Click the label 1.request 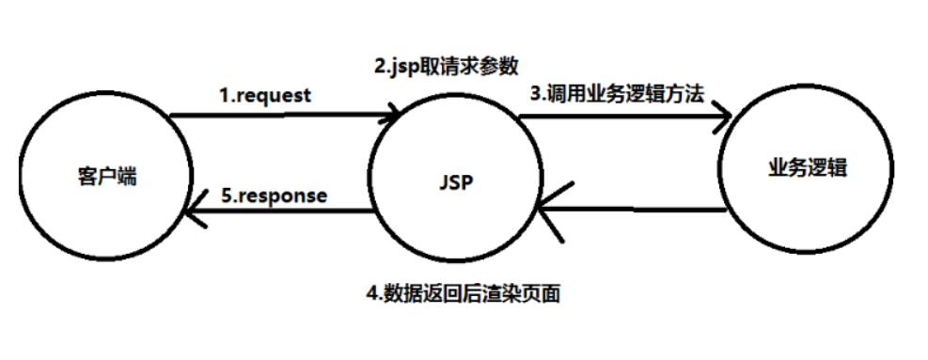265,94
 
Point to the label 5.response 275,196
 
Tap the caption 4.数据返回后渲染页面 464,293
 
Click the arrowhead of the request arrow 397,117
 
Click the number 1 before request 225,94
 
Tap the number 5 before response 227,196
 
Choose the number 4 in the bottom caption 370,293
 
